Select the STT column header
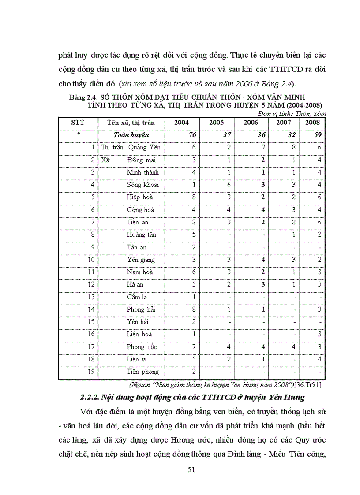(x=78, y=123)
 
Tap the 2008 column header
(x=313, y=123)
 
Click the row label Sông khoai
(x=142, y=185)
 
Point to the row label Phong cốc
(x=141, y=347)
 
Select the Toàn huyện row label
(x=131, y=135)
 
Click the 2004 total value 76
(x=192, y=135)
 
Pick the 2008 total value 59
(x=318, y=135)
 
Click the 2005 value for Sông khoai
(x=229, y=185)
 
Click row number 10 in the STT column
(x=91, y=260)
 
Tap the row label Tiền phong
(x=142, y=372)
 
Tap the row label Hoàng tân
(x=141, y=235)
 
